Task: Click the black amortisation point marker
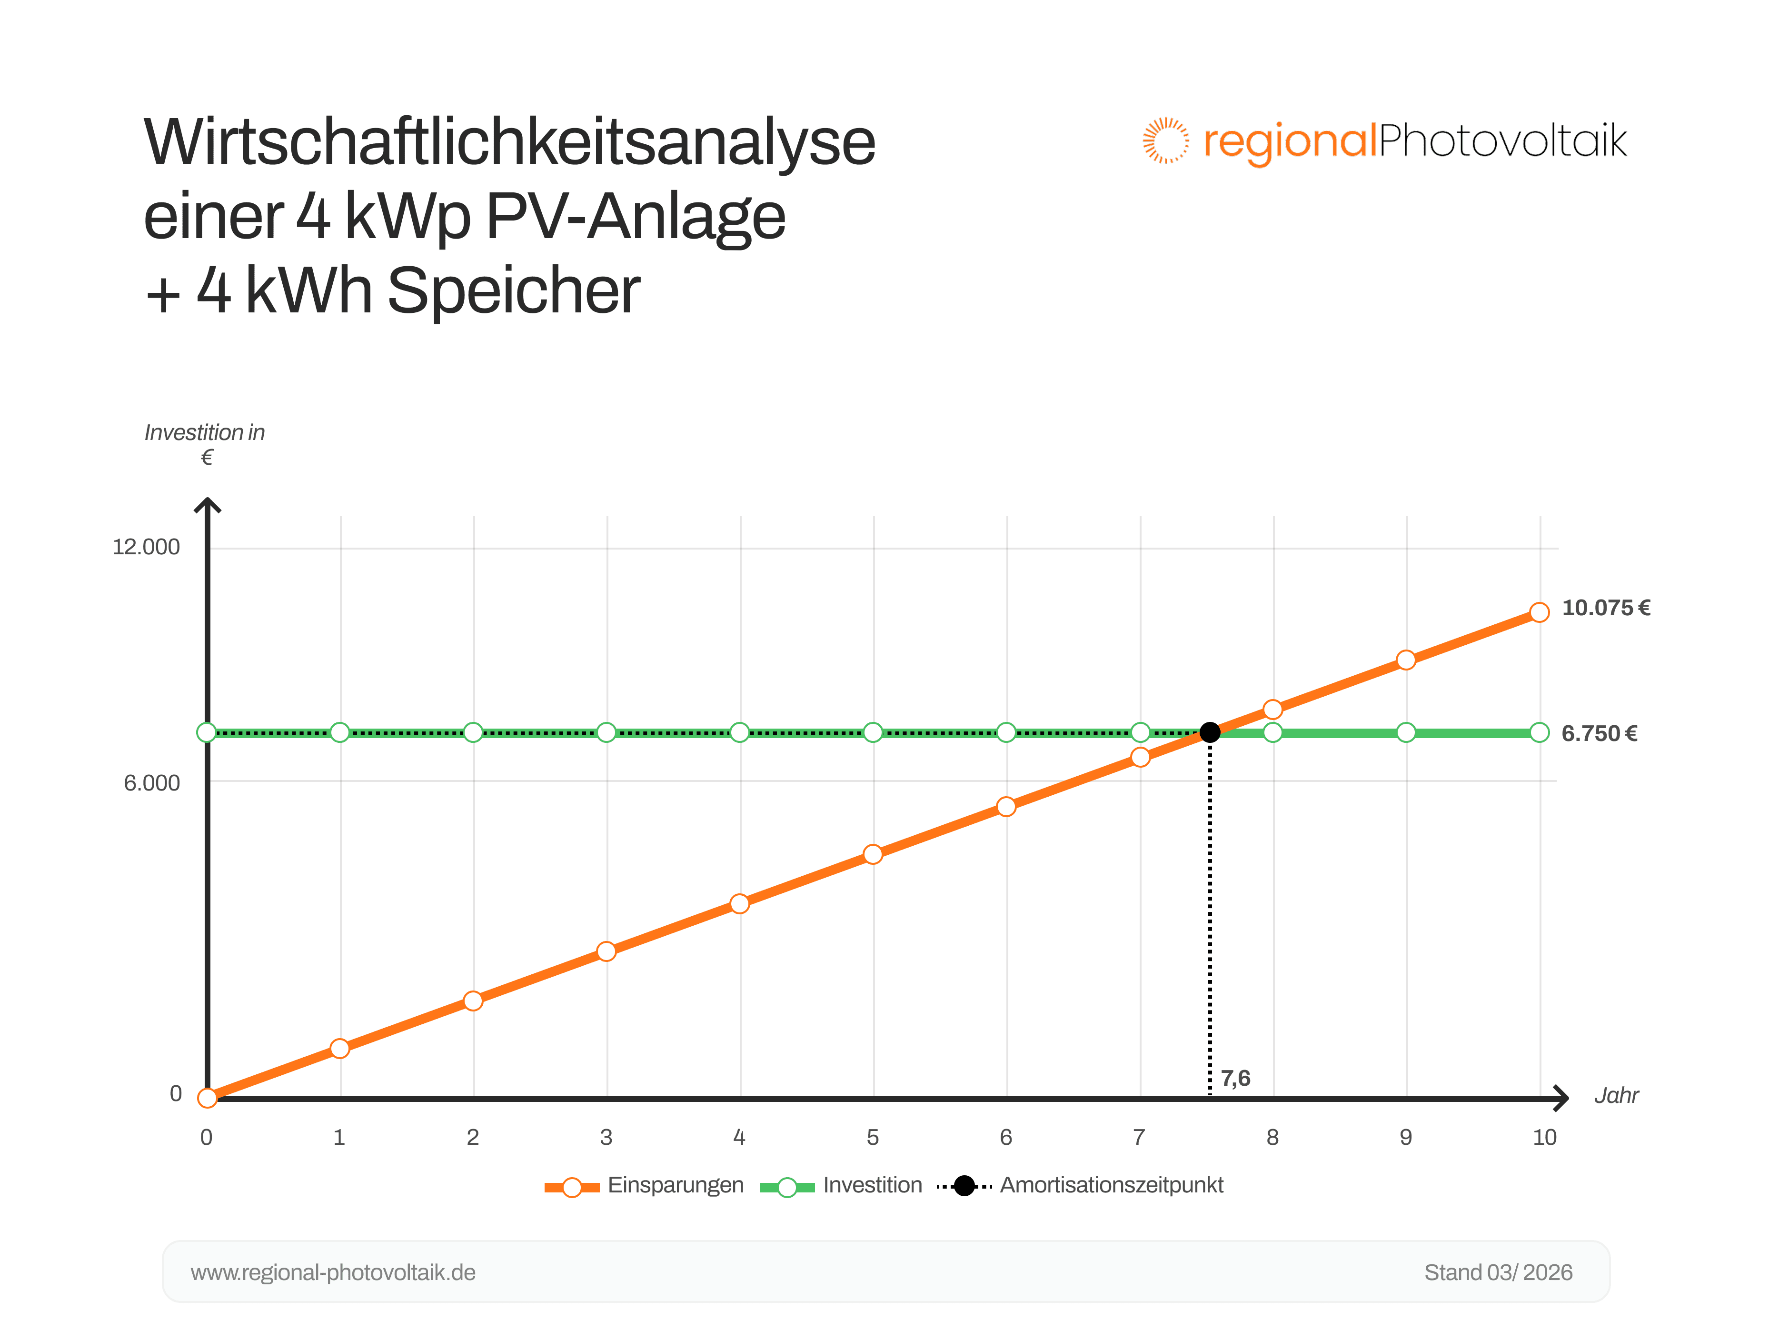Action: click(x=1210, y=732)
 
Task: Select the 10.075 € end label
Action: click(x=1606, y=608)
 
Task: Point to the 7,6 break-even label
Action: click(x=1235, y=1079)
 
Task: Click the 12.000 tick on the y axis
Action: click(x=146, y=547)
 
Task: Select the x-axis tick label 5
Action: click(x=873, y=1137)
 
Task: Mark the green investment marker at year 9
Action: click(x=1406, y=732)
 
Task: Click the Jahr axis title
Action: click(x=1616, y=1095)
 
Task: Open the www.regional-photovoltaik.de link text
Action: click(x=333, y=1272)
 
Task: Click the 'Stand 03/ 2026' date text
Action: click(x=1498, y=1272)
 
